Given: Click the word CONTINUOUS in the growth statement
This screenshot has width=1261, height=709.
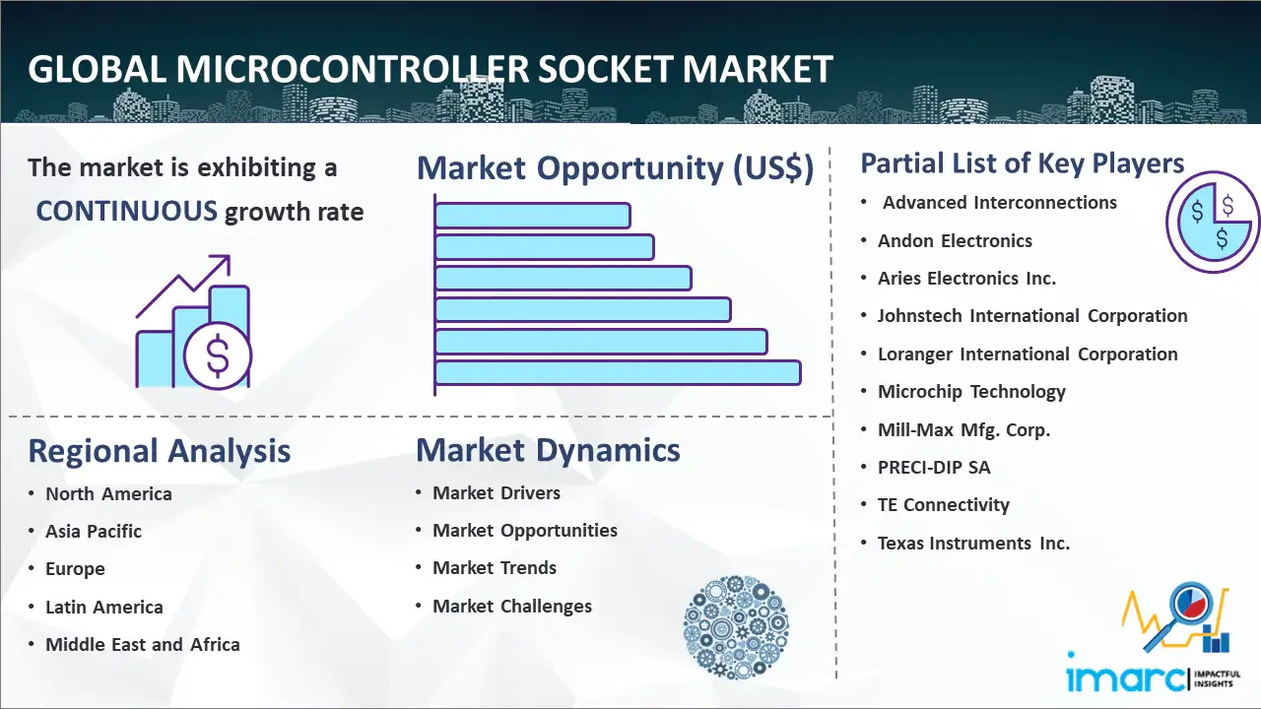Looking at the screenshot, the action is click(x=127, y=212).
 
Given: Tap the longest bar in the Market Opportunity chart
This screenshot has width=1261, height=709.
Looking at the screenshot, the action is click(x=618, y=373).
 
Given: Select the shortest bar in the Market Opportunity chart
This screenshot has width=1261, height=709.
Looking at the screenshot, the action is click(x=532, y=216).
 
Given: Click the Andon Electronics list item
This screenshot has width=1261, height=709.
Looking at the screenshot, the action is click(x=955, y=241).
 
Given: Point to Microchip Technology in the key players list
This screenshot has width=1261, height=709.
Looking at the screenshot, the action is click(x=971, y=392).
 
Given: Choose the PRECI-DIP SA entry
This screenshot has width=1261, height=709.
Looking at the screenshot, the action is click(x=934, y=467).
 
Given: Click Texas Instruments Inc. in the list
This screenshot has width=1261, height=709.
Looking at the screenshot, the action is click(x=973, y=543).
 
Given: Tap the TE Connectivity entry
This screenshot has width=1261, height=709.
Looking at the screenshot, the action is click(x=944, y=505).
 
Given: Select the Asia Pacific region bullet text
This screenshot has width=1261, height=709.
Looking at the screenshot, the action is click(x=94, y=531).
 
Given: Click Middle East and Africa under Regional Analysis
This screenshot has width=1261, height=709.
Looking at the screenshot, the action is click(x=143, y=644).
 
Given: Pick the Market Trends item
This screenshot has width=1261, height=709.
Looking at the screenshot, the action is click(x=495, y=568).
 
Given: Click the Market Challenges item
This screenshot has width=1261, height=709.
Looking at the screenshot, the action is click(x=512, y=606).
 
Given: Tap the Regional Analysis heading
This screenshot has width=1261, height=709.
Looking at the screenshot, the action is click(x=160, y=452).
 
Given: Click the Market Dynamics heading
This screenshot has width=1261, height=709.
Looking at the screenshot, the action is click(x=548, y=450).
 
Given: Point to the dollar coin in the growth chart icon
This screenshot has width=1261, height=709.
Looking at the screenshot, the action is click(x=218, y=356).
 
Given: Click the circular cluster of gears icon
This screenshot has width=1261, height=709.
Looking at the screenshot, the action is click(x=736, y=627).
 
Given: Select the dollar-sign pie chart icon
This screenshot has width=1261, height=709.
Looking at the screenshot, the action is click(x=1213, y=223).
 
